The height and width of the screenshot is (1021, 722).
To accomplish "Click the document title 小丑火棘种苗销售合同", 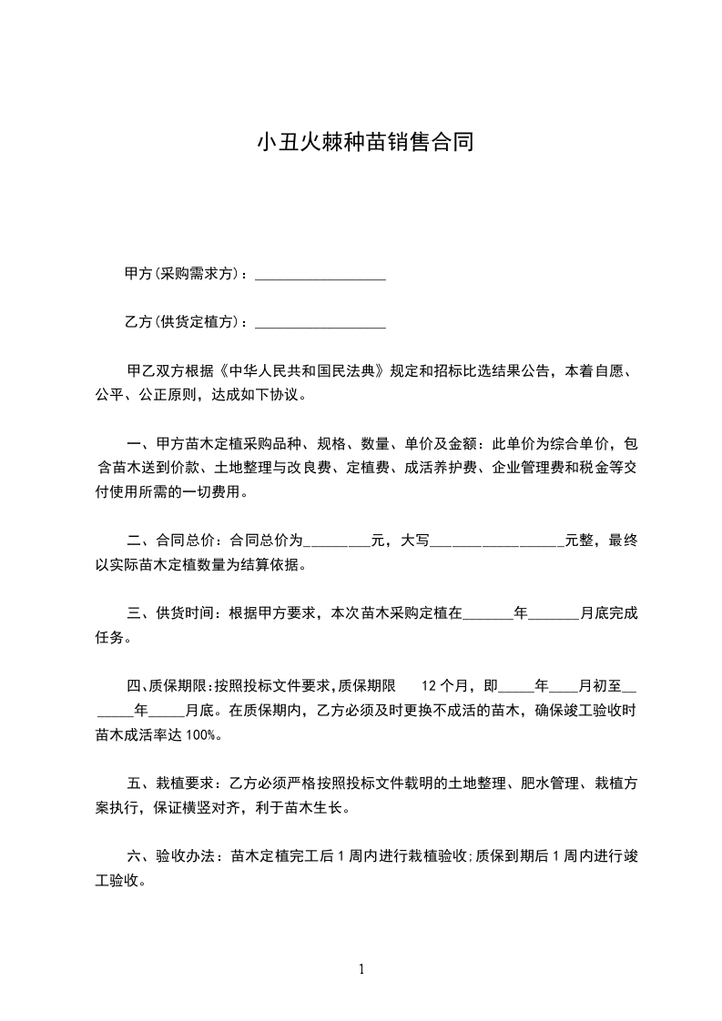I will (365, 143).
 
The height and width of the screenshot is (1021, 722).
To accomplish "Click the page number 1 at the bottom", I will (361, 969).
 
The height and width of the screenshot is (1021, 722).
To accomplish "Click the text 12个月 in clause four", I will (447, 685).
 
